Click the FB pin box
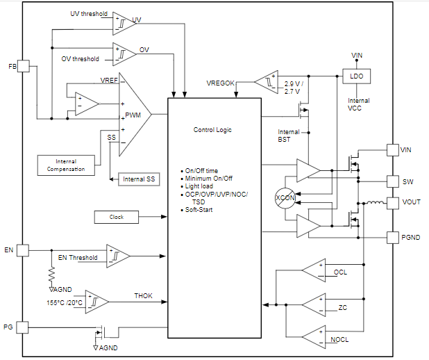(x=23, y=66)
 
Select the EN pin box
(x=23, y=249)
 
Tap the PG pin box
(x=23, y=327)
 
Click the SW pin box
(x=392, y=182)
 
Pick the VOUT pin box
(x=392, y=203)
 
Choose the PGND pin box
(x=392, y=238)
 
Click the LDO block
(x=356, y=76)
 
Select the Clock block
(x=117, y=217)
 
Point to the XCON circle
(x=285, y=197)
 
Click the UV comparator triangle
(x=124, y=23)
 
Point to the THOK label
(x=143, y=296)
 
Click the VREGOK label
(x=221, y=83)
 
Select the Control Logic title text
(x=212, y=130)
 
